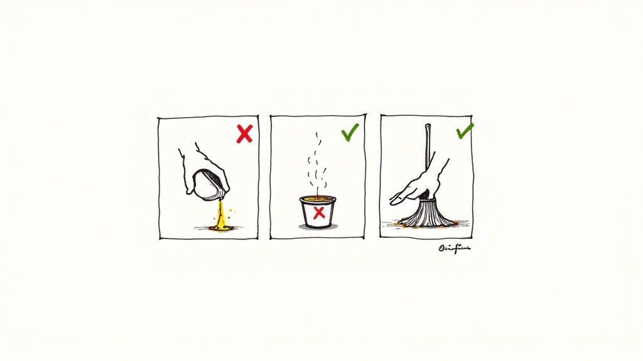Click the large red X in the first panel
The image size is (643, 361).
[x=244, y=133]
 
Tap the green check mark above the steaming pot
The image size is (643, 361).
[x=350, y=132]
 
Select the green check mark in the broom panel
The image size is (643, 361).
[x=465, y=131]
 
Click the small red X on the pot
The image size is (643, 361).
[x=319, y=212]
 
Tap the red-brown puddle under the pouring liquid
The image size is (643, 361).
[x=222, y=229]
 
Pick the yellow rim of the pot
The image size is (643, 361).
[x=318, y=199]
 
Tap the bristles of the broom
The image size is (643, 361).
[x=430, y=214]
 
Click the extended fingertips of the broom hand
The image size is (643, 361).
[x=394, y=200]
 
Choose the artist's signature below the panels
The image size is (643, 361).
[x=454, y=248]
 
